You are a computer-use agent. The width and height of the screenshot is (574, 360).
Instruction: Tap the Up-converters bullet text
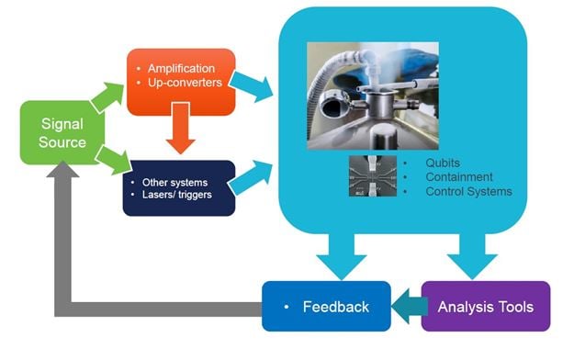click(x=186, y=84)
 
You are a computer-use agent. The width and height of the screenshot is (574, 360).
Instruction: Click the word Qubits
click(x=442, y=163)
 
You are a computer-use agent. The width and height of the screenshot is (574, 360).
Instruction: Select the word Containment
click(x=459, y=177)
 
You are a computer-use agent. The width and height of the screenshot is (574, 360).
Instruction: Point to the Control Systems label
click(x=468, y=192)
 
